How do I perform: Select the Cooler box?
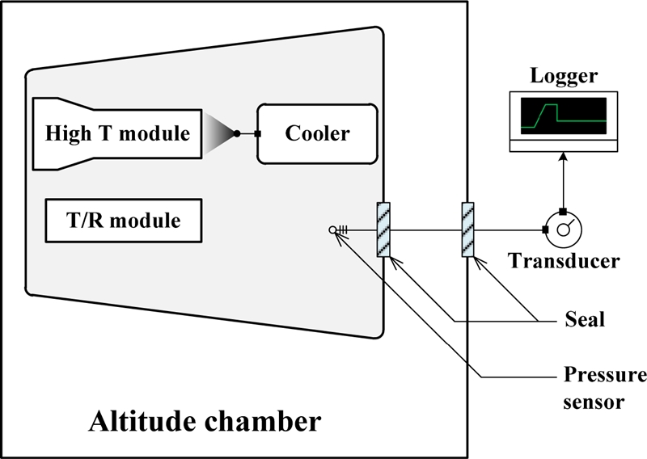click(x=317, y=133)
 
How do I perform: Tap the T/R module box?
click(x=124, y=220)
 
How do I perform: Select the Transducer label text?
click(x=564, y=261)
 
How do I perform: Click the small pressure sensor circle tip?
click(x=332, y=230)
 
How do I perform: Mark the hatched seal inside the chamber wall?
click(x=383, y=229)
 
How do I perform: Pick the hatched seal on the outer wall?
click(x=468, y=229)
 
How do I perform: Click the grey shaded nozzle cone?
click(x=216, y=133)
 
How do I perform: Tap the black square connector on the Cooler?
click(x=257, y=133)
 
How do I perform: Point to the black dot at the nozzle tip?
click(x=236, y=133)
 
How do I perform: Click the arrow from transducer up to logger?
click(x=562, y=182)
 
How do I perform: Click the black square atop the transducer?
click(x=562, y=212)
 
